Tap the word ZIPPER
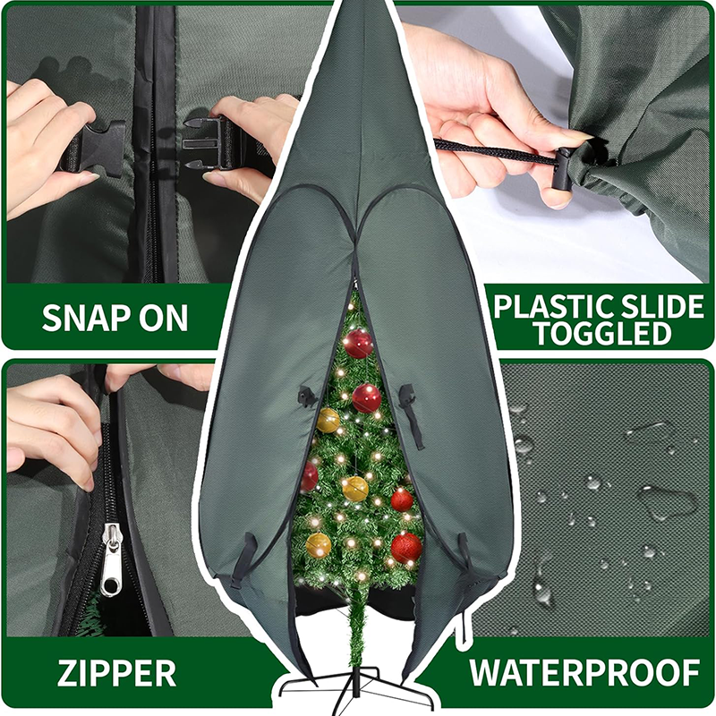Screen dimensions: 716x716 pyautogui.click(x=116, y=672)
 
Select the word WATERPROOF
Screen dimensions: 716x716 pyautogui.click(x=584, y=671)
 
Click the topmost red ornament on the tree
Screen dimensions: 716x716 pyautogui.click(x=359, y=342)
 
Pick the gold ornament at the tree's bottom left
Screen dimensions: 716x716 pyautogui.click(x=319, y=544)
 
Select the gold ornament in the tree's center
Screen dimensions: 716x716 pyautogui.click(x=356, y=488)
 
